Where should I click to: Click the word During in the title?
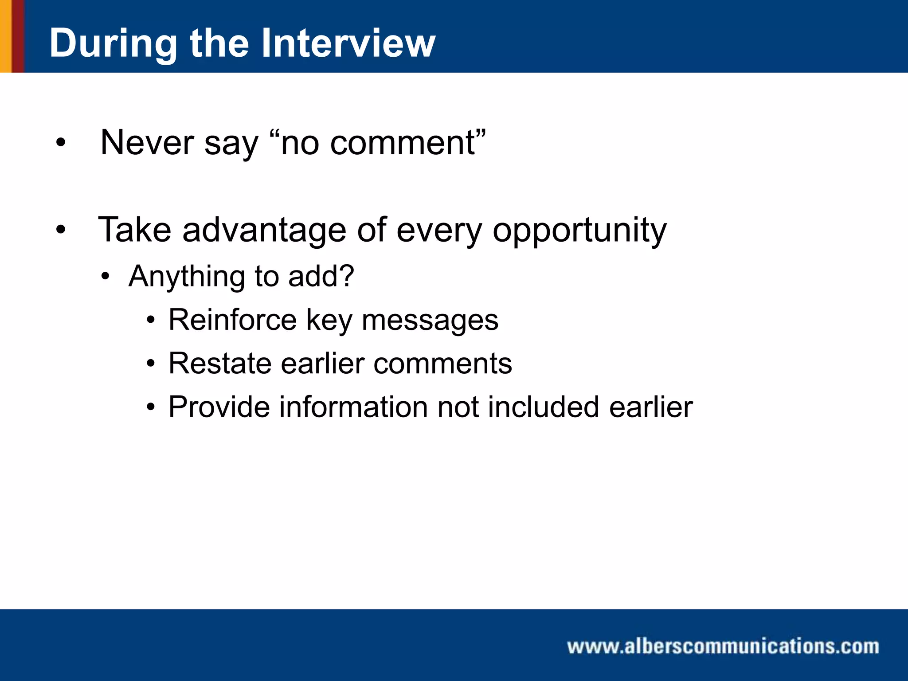[113, 43]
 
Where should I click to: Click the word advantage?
[264, 231]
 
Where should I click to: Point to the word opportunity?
[579, 231]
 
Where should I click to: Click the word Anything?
[186, 277]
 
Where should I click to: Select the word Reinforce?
[232, 320]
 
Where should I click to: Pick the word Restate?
[219, 364]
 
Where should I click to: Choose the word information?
[353, 407]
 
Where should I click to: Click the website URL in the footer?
[723, 646]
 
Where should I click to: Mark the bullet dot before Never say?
[61, 143]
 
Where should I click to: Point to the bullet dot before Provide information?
[151, 407]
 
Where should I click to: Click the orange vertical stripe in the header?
[5, 36]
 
